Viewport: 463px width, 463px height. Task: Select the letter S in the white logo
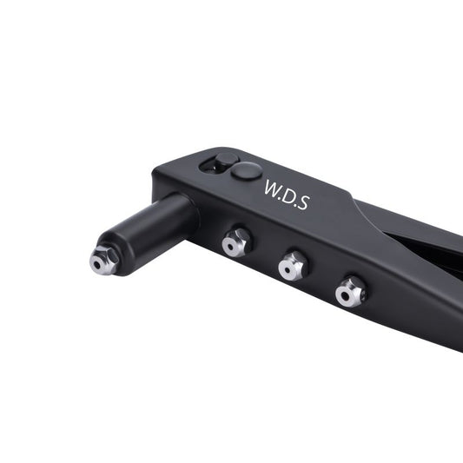(303, 202)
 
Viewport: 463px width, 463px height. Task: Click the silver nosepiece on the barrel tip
(104, 261)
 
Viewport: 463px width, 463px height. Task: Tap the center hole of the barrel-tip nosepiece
(97, 265)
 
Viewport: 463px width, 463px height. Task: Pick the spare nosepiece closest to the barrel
(236, 242)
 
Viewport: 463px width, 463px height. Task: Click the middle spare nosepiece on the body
(293, 266)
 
